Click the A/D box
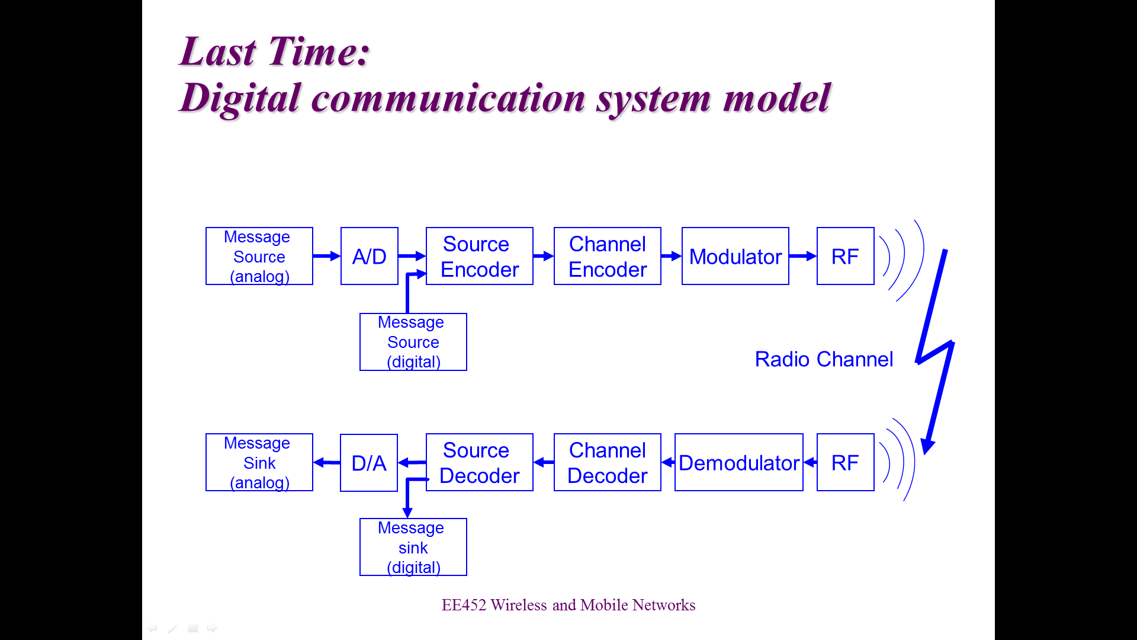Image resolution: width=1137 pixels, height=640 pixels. (x=370, y=256)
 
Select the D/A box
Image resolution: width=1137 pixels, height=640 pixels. (x=369, y=463)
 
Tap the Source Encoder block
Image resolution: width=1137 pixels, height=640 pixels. (x=480, y=256)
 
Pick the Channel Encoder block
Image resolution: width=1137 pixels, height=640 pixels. (x=608, y=256)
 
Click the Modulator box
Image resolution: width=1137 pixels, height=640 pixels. (x=735, y=256)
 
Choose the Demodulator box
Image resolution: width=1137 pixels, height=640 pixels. (x=739, y=462)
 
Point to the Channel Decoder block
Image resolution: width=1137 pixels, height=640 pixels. (x=608, y=462)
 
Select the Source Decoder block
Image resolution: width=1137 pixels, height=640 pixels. (x=480, y=462)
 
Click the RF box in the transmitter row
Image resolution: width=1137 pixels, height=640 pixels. (x=846, y=256)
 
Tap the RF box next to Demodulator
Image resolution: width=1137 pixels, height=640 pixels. (x=846, y=462)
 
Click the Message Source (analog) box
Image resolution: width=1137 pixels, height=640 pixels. (x=259, y=256)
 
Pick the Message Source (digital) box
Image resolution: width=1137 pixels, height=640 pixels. (x=413, y=342)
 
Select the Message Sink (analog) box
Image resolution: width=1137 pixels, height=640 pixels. (x=259, y=462)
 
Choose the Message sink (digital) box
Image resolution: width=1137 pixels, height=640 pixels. (x=413, y=547)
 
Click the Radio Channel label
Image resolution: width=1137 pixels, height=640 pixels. (x=824, y=359)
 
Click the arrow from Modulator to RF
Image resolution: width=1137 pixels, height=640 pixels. (x=803, y=256)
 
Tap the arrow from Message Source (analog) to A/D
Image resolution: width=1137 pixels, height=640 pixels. (x=327, y=256)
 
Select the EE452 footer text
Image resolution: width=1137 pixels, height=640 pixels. (x=568, y=604)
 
